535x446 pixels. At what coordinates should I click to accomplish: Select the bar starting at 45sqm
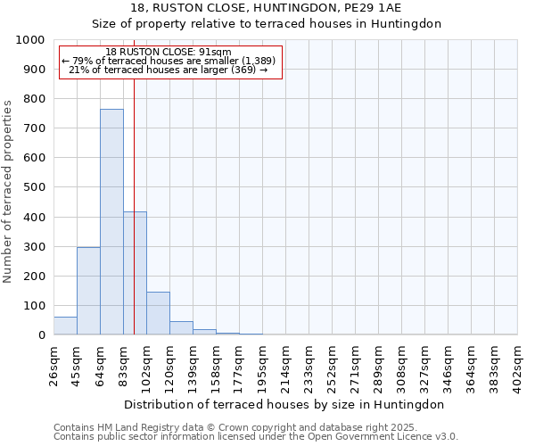(x=88, y=291)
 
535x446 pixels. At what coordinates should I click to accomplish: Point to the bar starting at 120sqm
(x=181, y=327)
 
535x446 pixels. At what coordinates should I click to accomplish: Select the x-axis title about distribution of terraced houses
(x=284, y=404)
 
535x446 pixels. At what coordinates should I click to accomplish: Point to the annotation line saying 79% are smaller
(x=169, y=61)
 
